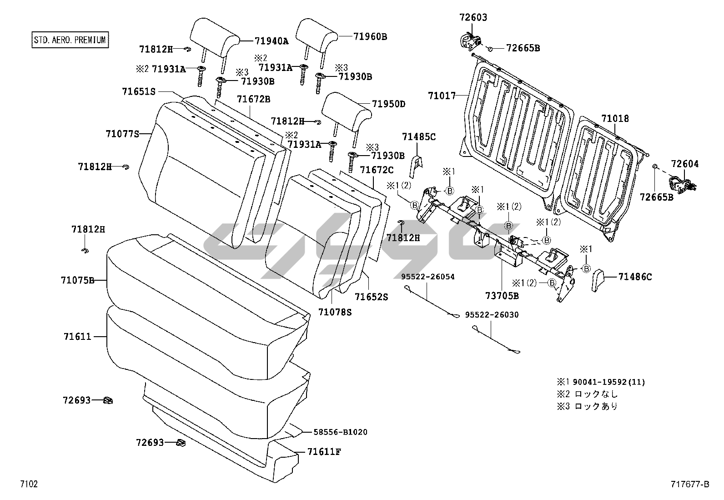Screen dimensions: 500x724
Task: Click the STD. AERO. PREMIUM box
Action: point(70,40)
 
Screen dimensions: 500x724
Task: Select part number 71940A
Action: point(271,41)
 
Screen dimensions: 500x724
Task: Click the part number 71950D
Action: point(388,104)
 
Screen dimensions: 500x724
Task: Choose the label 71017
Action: point(442,96)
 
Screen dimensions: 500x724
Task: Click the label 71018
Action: point(615,118)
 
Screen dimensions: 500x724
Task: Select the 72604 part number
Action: point(685,164)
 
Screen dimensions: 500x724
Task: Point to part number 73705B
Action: point(502,296)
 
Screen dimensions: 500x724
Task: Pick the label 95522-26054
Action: point(427,277)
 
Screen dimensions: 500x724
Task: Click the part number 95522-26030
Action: point(492,315)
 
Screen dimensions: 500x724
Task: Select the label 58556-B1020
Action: point(340,432)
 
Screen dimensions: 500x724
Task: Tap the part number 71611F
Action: point(324,452)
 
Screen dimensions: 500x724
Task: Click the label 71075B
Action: point(77,280)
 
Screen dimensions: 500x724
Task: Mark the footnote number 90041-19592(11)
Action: point(609,382)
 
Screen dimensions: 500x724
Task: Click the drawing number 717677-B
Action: point(689,485)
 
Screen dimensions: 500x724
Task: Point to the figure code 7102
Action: point(29,484)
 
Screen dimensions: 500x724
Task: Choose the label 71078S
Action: point(335,312)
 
